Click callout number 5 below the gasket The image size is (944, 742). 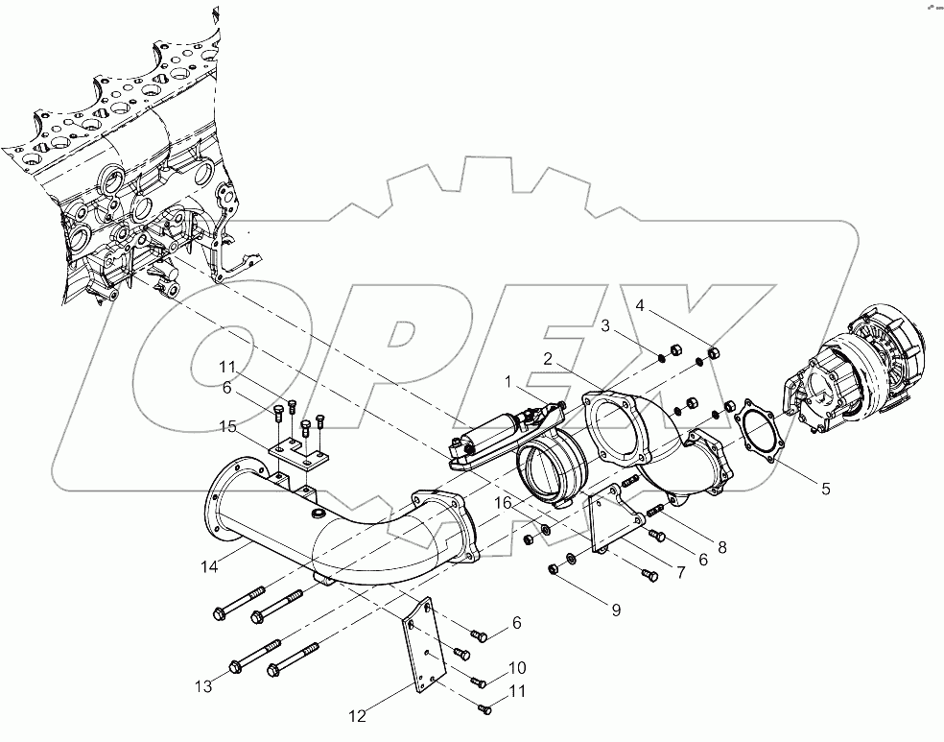[x=824, y=488]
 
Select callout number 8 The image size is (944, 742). [x=721, y=548]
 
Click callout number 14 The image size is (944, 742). [x=209, y=566]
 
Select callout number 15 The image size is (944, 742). [x=226, y=425]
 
